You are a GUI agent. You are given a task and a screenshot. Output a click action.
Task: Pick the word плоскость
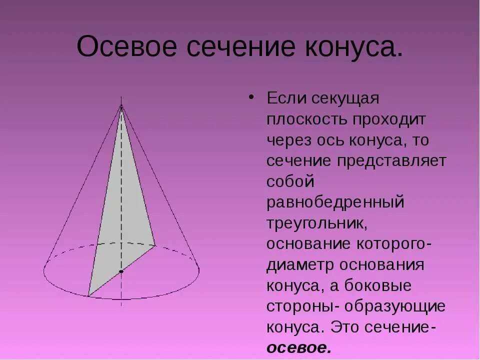click(x=308, y=120)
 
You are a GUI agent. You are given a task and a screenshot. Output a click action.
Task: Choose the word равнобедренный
click(x=335, y=203)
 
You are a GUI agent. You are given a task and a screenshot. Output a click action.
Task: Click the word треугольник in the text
click(x=317, y=224)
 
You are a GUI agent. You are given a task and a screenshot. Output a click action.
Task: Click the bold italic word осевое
click(x=298, y=347)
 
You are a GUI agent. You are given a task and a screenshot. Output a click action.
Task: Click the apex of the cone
click(x=121, y=105)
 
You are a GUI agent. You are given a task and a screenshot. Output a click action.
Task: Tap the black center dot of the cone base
click(x=121, y=271)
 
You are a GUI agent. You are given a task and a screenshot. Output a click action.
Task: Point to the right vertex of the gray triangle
click(x=155, y=245)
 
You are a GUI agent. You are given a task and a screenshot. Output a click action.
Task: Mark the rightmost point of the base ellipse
click(x=199, y=270)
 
